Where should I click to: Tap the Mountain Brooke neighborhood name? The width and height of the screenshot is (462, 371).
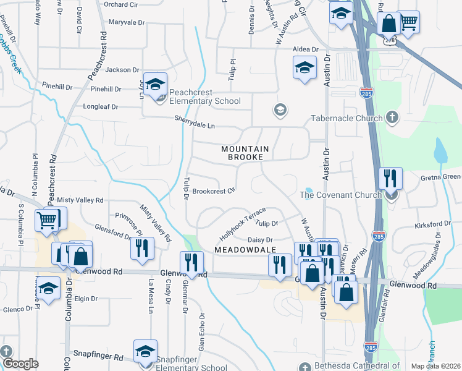245,153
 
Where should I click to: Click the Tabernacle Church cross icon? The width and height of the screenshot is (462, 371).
392,117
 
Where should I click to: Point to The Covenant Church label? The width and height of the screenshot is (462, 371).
340,195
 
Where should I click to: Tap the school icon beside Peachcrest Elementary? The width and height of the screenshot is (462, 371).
156,84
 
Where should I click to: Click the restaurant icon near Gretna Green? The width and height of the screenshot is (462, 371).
390,178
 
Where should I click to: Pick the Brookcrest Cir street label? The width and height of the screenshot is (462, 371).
214,192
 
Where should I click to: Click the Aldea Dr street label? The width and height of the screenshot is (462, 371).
305,49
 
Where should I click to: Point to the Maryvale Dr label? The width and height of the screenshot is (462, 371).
126,22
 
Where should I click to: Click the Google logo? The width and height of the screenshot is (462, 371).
20,364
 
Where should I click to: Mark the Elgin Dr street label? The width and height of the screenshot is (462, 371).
86,298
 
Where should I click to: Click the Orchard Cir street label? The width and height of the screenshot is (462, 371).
124,4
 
